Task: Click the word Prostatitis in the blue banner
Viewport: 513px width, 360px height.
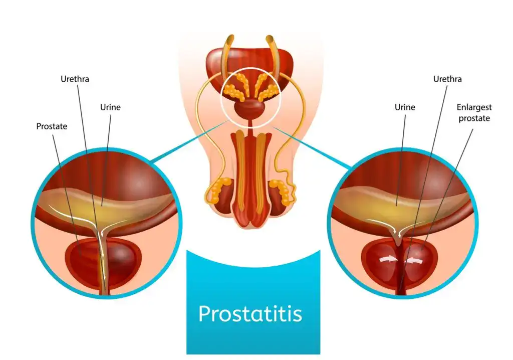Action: [x=250, y=314]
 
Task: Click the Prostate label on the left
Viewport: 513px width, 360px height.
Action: [x=52, y=126]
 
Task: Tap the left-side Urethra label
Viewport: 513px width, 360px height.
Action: [x=75, y=79]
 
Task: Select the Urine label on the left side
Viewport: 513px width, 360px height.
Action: [x=110, y=107]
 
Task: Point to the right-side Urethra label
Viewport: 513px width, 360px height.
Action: [x=447, y=79]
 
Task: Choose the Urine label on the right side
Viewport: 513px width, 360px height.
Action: [x=405, y=107]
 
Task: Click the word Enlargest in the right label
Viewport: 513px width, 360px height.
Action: [x=474, y=107]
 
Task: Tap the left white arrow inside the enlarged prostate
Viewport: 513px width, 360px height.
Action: [x=388, y=260]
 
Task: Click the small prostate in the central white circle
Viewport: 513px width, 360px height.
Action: [x=250, y=110]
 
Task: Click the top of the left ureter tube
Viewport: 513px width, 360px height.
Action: [x=230, y=38]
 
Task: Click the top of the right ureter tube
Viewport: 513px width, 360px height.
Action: [x=270, y=38]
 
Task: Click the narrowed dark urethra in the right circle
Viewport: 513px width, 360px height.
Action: [x=401, y=269]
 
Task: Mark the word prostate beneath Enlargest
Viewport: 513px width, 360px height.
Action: [x=474, y=118]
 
